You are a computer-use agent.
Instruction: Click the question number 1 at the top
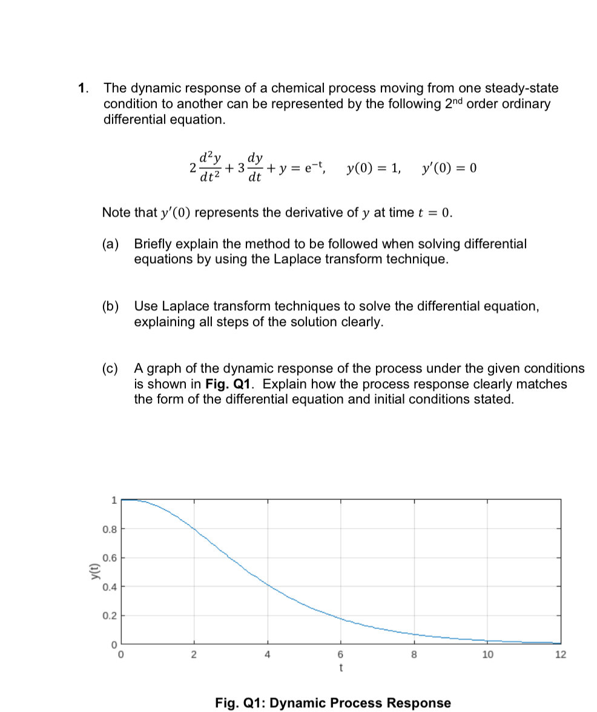pyautogui.click(x=82, y=88)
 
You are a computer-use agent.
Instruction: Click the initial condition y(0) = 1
pyautogui.click(x=373, y=168)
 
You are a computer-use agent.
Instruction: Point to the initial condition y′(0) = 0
pyautogui.click(x=449, y=168)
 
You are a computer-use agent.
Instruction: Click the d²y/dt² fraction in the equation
pyautogui.click(x=209, y=168)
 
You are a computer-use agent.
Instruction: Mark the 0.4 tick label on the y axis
pyautogui.click(x=109, y=586)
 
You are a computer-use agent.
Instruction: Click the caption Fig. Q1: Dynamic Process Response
pyautogui.click(x=333, y=703)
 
